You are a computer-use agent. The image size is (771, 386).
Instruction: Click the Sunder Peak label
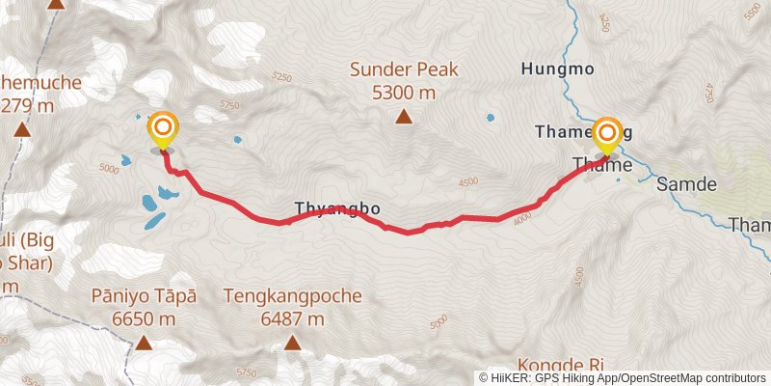click(404, 69)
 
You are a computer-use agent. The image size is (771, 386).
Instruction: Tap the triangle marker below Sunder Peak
click(404, 118)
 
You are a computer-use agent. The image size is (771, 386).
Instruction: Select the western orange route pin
click(163, 129)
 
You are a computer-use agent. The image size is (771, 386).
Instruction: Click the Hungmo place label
click(556, 69)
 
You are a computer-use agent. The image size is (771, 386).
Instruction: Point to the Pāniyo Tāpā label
click(144, 296)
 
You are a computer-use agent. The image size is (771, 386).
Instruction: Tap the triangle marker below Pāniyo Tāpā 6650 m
click(144, 343)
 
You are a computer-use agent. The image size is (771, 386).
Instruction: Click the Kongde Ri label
click(560, 365)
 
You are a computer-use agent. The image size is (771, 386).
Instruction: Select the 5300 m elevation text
click(404, 93)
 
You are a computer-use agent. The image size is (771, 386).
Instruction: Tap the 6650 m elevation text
click(144, 318)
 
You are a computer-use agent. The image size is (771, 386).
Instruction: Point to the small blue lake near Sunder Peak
click(491, 118)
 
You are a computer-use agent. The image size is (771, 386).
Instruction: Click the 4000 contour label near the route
click(522, 218)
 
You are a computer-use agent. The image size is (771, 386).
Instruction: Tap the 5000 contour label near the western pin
click(108, 169)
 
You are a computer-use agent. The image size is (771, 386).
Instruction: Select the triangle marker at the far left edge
click(21, 128)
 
